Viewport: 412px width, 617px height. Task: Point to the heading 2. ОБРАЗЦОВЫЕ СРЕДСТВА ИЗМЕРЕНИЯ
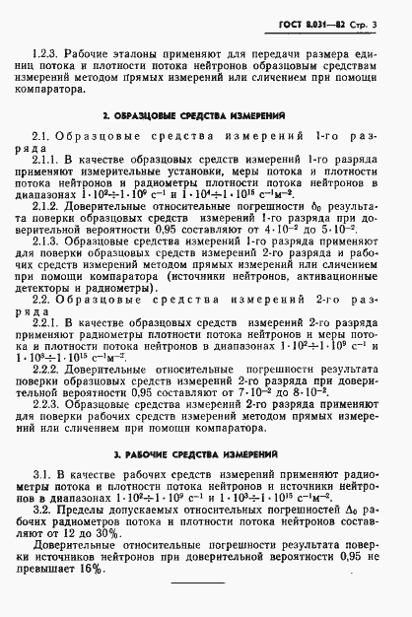[206, 115]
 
